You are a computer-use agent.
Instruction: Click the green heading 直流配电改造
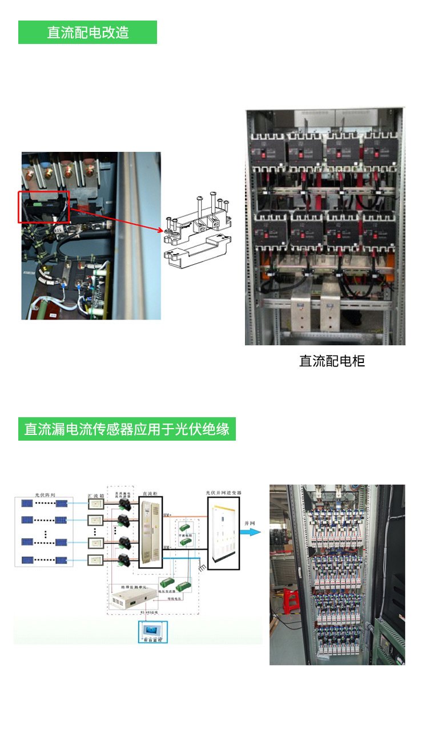[87, 33]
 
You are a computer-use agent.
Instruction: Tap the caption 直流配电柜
[332, 361]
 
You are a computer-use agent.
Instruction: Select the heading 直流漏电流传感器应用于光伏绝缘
[127, 429]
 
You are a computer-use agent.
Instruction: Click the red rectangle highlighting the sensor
[44, 207]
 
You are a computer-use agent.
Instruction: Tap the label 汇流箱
[95, 497]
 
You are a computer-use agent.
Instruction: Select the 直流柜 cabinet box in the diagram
[150, 532]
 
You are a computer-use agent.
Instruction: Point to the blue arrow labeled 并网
[249, 532]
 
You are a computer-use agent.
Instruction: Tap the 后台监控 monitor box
[153, 632]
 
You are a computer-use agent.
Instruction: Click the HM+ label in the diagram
[167, 515]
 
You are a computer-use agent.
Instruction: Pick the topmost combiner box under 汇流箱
[95, 505]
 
